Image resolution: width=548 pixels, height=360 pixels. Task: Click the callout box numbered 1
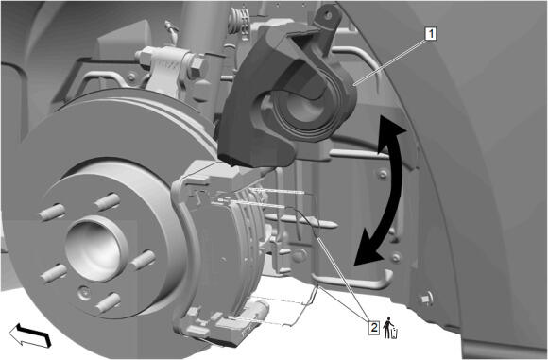click(x=431, y=34)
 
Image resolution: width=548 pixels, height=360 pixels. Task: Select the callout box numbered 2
click(x=374, y=328)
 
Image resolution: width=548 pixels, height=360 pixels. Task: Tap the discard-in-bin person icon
click(x=390, y=328)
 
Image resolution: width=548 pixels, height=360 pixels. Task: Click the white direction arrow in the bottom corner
click(x=29, y=335)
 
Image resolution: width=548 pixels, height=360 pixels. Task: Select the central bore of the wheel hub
click(x=94, y=249)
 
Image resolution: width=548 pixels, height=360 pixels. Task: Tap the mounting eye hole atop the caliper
click(x=328, y=15)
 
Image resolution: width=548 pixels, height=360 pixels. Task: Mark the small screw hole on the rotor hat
click(x=84, y=292)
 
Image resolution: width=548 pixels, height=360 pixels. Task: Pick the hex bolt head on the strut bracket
click(x=197, y=66)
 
